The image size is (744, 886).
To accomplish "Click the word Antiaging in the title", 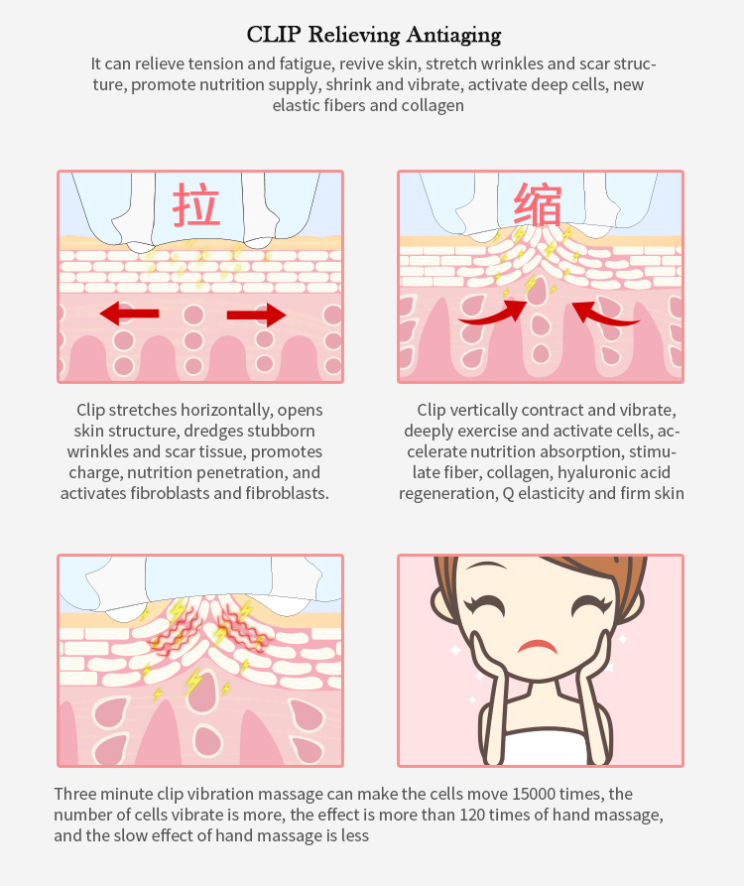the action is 453,36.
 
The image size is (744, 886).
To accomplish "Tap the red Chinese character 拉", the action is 196,204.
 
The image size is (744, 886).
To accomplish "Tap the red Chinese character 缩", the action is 538,204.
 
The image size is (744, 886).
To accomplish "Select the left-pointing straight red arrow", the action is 129,314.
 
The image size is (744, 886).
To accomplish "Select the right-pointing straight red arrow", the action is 256,315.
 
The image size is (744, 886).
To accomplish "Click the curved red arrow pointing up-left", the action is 604,316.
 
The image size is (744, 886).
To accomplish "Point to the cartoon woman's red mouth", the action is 538,646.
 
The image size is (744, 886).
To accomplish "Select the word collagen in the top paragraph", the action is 433,105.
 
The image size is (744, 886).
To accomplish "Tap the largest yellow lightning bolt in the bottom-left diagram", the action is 193,681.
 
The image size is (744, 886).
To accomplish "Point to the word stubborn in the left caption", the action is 281,431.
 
